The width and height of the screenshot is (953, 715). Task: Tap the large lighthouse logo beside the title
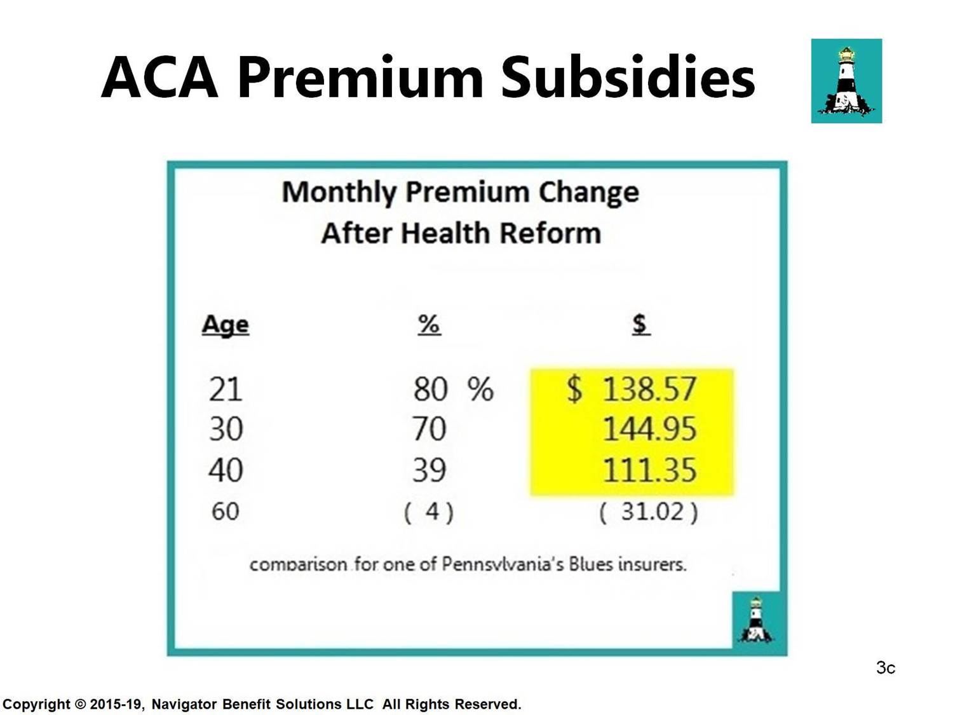pyautogui.click(x=846, y=81)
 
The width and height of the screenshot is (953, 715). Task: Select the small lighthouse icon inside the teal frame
pyautogui.click(x=756, y=620)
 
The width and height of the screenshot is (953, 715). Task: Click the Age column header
pyautogui.click(x=226, y=325)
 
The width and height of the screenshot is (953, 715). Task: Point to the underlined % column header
pyautogui.click(x=429, y=324)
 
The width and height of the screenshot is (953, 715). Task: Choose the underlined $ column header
pyautogui.click(x=641, y=324)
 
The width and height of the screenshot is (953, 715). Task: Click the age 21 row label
pyautogui.click(x=226, y=390)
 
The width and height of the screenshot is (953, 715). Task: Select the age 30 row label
pyautogui.click(x=226, y=430)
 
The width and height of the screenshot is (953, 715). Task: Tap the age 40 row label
pyautogui.click(x=226, y=470)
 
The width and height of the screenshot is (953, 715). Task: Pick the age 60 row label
pyautogui.click(x=225, y=511)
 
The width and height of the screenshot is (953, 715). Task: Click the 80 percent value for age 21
pyautogui.click(x=430, y=389)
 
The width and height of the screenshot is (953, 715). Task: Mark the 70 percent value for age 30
pyautogui.click(x=429, y=430)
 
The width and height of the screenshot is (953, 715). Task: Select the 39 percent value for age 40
pyautogui.click(x=429, y=470)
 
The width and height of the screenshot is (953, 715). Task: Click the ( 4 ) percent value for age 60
pyautogui.click(x=429, y=512)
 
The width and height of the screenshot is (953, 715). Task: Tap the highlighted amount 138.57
pyautogui.click(x=649, y=389)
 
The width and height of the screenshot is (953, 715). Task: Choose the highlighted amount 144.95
pyautogui.click(x=650, y=430)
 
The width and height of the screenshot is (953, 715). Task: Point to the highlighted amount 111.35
pyautogui.click(x=650, y=470)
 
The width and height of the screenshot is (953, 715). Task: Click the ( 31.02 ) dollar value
pyautogui.click(x=649, y=512)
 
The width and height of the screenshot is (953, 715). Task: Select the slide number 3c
pyautogui.click(x=886, y=668)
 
